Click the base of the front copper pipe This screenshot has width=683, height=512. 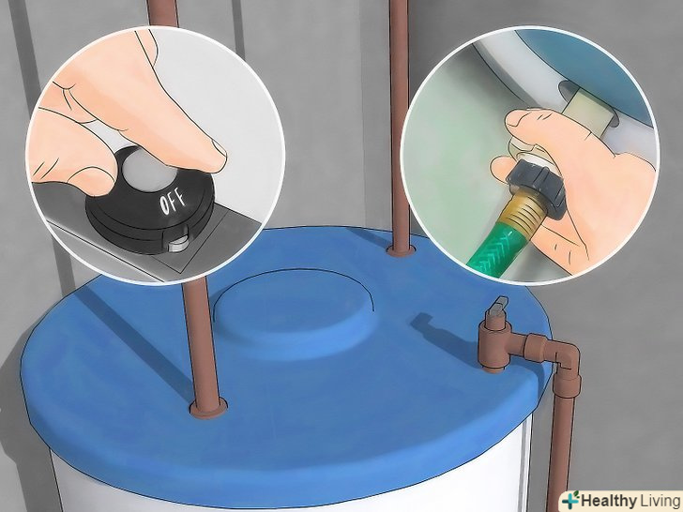[x=208, y=408]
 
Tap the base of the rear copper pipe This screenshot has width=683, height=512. [x=401, y=249]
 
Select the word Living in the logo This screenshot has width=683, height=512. [x=659, y=500]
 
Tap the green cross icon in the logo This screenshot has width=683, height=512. [x=571, y=500]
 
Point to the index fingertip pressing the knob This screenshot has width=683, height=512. [x=214, y=157]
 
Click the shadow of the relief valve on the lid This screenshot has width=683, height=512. [x=440, y=332]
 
